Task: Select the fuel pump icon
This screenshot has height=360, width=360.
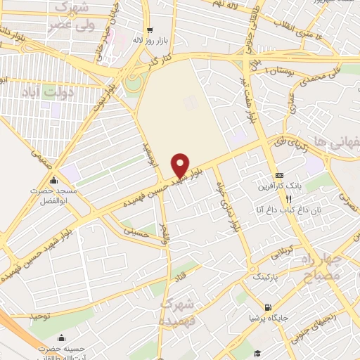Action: (267, 307)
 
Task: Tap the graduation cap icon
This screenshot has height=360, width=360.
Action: (258, 352)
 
